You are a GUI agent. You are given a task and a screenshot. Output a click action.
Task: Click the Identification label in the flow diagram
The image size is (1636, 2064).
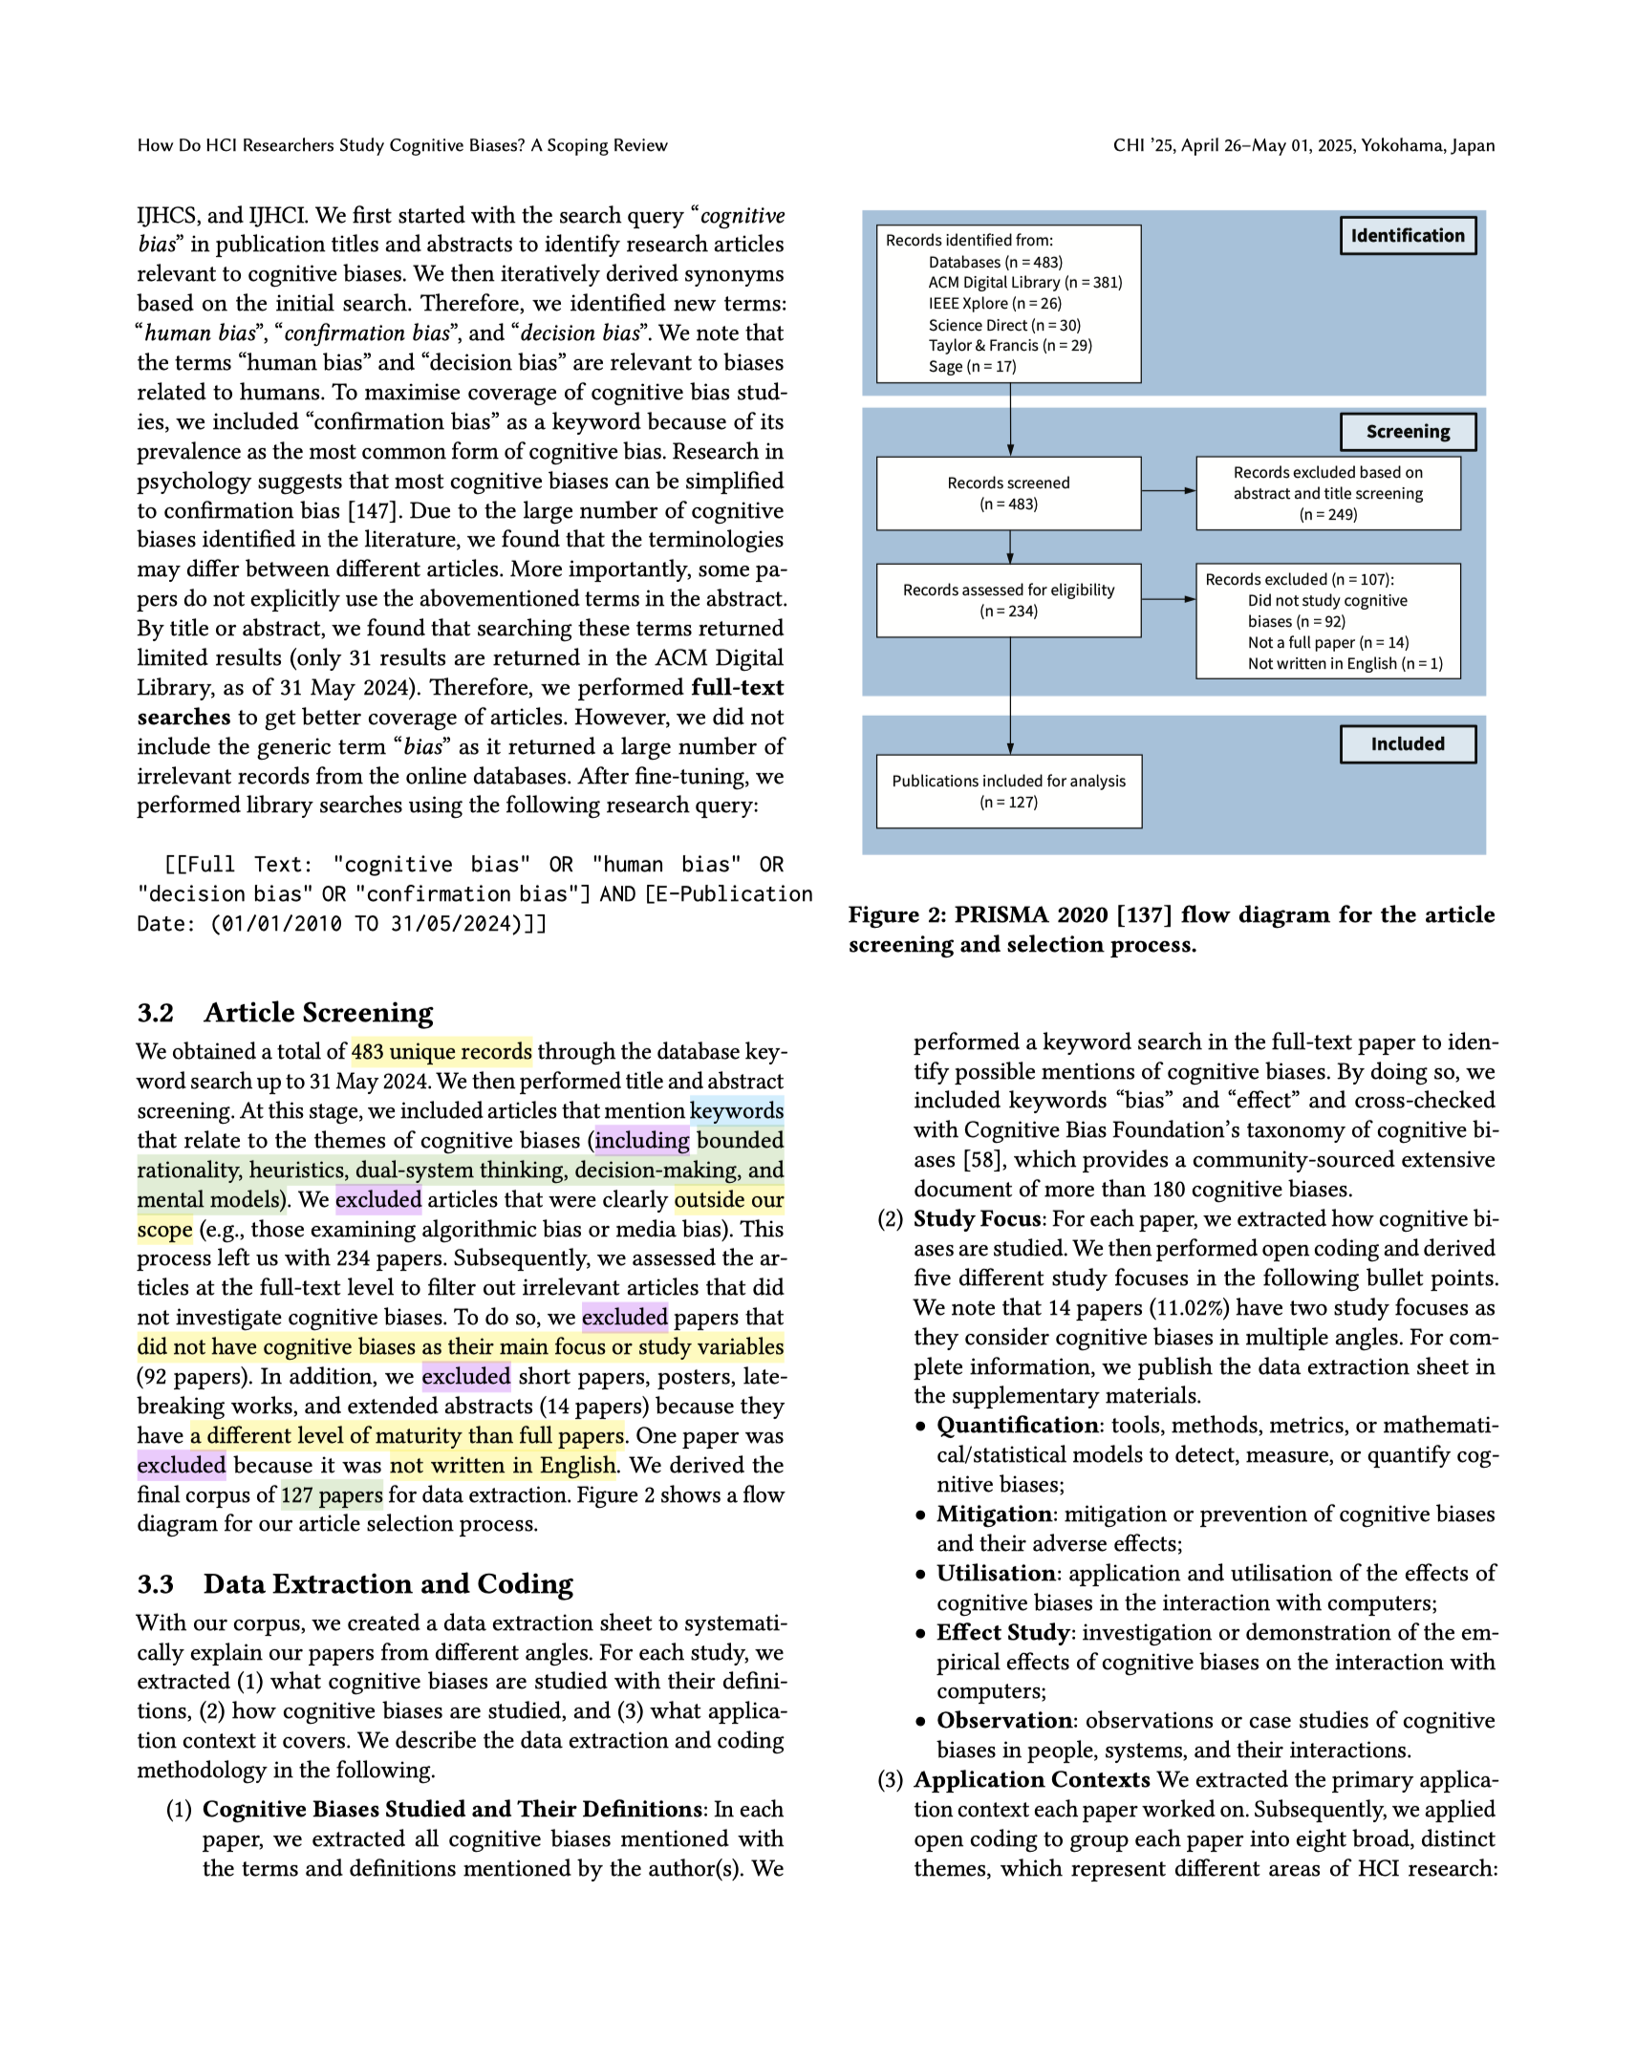pyautogui.click(x=1407, y=235)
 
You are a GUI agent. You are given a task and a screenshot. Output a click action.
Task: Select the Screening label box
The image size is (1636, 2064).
pyautogui.click(x=1407, y=432)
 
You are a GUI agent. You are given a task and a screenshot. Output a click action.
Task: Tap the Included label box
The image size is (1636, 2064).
pyautogui.click(x=1407, y=743)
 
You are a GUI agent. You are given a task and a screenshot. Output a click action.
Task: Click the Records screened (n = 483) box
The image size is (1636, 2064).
pyautogui.click(x=1008, y=493)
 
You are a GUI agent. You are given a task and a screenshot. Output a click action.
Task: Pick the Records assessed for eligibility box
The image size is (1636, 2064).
pyautogui.click(x=1008, y=600)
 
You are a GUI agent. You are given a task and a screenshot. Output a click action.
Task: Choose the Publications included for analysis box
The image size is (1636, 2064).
pyautogui.click(x=1008, y=792)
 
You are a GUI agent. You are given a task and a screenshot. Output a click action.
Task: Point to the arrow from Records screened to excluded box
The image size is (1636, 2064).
pyautogui.click(x=1168, y=491)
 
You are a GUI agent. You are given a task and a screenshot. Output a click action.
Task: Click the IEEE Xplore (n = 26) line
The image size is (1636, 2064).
pyautogui.click(x=994, y=304)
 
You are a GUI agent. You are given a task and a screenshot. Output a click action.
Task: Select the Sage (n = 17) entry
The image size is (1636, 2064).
pyautogui.click(x=972, y=367)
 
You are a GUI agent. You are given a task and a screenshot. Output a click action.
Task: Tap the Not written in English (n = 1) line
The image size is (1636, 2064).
pyautogui.click(x=1344, y=663)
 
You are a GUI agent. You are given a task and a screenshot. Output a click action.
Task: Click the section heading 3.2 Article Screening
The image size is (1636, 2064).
pyautogui.click(x=285, y=1012)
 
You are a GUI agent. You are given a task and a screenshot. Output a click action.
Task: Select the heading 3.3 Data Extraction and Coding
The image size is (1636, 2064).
pyautogui.click(x=355, y=1583)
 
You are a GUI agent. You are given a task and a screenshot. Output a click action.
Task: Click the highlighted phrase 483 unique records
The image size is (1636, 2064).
pyautogui.click(x=441, y=1051)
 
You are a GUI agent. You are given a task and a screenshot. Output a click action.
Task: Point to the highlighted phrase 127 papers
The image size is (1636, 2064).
pyautogui.click(x=332, y=1494)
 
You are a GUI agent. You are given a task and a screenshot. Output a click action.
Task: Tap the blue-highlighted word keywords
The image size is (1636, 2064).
pyautogui.click(x=736, y=1110)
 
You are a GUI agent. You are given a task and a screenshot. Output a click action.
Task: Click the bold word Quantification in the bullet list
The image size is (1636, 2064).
pyautogui.click(x=1017, y=1425)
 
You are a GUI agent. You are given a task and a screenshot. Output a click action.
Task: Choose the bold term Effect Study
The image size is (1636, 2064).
pyautogui.click(x=1002, y=1631)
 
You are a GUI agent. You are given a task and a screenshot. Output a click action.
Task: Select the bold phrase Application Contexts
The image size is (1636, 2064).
pyautogui.click(x=1031, y=1778)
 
